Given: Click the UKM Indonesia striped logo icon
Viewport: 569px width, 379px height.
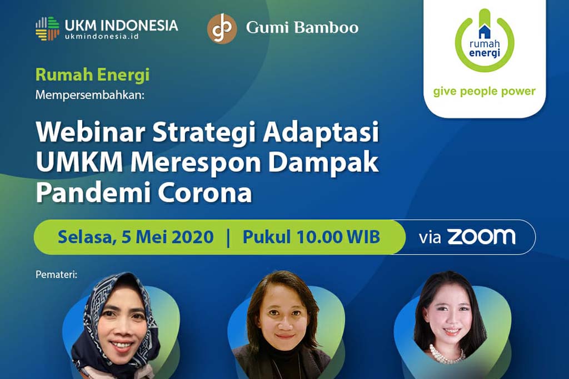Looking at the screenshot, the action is pos(47,28).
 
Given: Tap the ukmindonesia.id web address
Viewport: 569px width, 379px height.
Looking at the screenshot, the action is pos(102,36).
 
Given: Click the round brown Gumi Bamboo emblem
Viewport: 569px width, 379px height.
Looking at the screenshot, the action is pos(222,29).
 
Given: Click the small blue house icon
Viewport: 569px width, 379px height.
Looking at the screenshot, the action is pos(485,32).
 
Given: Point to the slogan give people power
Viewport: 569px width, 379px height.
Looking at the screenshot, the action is pos(484,91).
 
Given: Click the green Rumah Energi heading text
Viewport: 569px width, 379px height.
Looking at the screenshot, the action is pos(93,75).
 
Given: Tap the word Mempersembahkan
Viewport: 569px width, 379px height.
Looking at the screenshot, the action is pos(89,95).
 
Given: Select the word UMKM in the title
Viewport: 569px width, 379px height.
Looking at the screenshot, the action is pos(79,163).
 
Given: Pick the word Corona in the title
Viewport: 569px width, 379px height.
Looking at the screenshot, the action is pos(204,193).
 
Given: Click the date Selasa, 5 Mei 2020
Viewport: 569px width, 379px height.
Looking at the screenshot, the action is pos(136,237).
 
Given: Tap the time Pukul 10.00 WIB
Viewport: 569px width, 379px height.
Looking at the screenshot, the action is pos(311,237).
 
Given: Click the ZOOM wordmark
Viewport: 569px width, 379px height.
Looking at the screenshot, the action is pos(481,236).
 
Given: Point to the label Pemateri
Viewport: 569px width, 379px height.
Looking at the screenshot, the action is pos(57,274).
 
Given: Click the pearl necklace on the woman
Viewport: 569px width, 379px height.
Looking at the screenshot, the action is pos(447,353).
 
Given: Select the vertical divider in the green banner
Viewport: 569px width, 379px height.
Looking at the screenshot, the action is pos(228,237).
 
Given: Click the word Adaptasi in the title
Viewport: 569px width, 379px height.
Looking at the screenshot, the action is pos(321,133).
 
